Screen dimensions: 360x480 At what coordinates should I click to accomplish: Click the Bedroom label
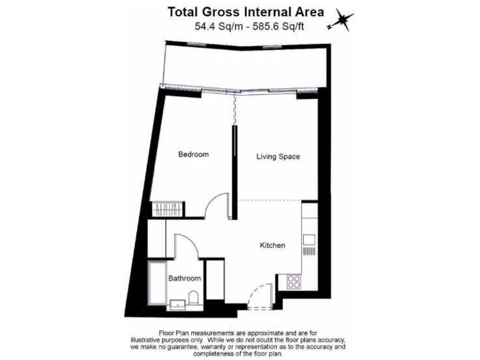click(193, 154)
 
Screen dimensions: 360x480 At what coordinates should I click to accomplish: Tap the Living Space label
click(278, 157)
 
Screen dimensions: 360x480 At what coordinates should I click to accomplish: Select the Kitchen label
click(272, 246)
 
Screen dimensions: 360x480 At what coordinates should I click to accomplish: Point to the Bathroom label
click(184, 279)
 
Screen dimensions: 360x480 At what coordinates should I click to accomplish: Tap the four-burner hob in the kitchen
click(293, 282)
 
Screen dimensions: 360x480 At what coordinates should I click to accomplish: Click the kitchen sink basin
click(309, 239)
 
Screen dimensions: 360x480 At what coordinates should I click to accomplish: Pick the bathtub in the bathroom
click(156, 286)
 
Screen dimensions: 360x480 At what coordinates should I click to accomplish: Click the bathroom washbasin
click(177, 304)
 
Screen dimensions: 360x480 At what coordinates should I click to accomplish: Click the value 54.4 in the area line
click(205, 26)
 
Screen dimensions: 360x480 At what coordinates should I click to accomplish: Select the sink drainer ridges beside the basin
click(309, 251)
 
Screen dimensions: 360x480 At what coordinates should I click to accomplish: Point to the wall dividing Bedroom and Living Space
click(234, 162)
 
